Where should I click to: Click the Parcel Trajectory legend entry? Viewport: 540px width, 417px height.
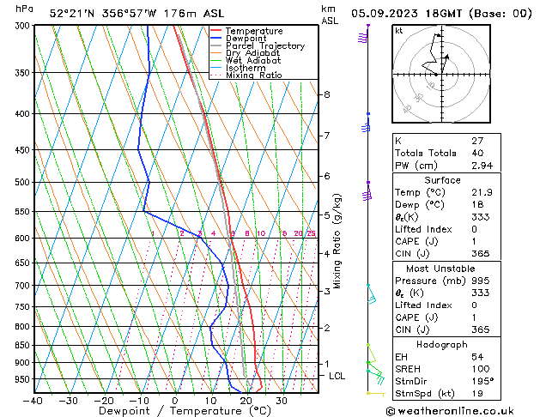(264, 46)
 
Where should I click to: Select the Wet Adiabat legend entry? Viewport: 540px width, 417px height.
(255, 61)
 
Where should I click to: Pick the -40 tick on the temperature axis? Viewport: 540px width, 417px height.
(33, 400)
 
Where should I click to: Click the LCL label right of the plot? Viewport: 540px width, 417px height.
(337, 376)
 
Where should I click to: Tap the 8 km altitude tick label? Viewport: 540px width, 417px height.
(327, 94)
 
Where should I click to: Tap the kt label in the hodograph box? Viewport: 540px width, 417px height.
(399, 31)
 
